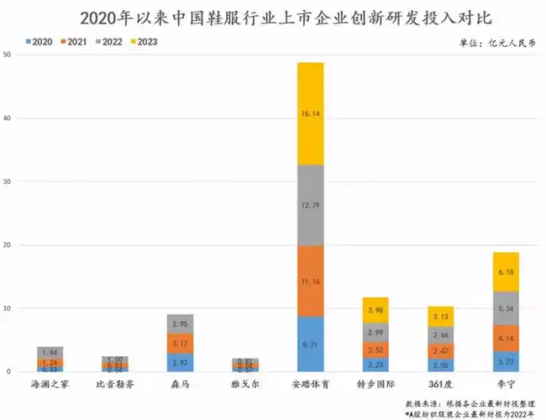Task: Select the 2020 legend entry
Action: [43, 41]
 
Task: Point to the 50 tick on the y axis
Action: [8, 55]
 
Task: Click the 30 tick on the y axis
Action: [8, 182]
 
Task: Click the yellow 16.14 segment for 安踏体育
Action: [310, 113]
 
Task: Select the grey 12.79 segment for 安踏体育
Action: [310, 205]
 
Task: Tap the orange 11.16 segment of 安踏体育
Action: [310, 281]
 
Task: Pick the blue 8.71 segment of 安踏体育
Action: [310, 344]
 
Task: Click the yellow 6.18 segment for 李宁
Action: [506, 271]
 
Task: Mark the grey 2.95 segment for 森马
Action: [180, 323]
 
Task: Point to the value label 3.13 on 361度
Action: [440, 317]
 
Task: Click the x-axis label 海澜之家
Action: [50, 385]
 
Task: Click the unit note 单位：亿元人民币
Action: [496, 42]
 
